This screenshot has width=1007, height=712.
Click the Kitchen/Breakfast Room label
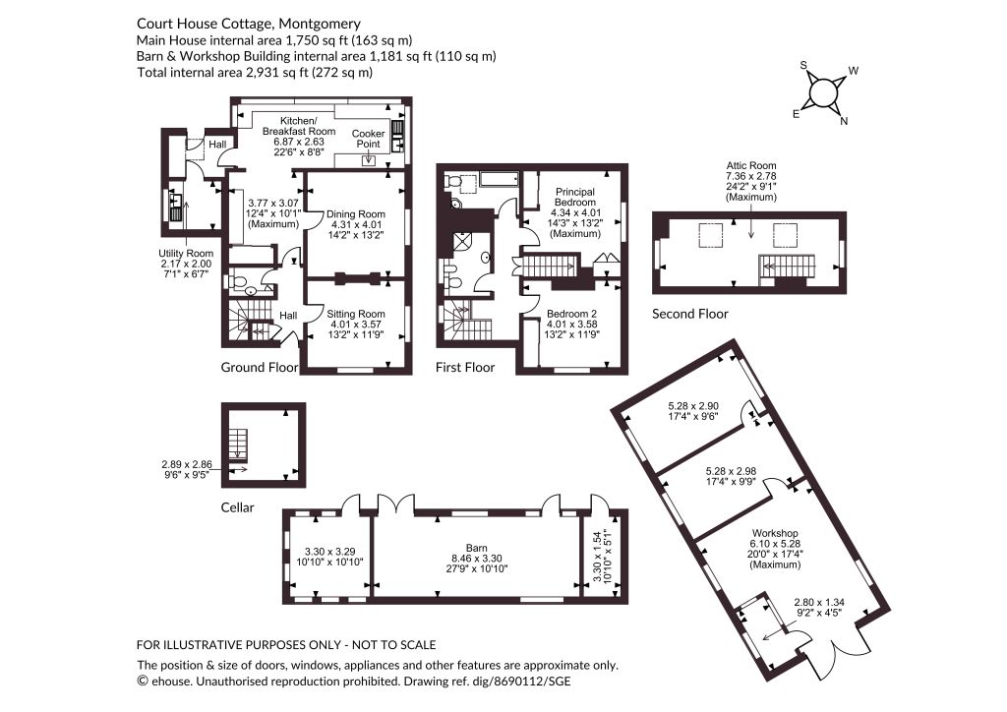(x=299, y=126)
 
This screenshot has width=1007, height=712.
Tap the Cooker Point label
(x=368, y=139)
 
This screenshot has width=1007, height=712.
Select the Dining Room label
(x=356, y=214)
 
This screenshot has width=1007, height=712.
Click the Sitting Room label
(x=356, y=314)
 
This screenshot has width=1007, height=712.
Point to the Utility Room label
(x=186, y=254)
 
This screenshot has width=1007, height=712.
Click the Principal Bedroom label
(x=575, y=197)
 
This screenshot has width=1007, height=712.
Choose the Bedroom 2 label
(x=571, y=314)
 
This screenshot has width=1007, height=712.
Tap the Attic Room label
(x=751, y=165)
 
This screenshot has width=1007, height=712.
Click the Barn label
(x=477, y=549)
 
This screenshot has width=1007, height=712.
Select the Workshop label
(x=775, y=534)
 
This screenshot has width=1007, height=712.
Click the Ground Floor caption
(x=260, y=367)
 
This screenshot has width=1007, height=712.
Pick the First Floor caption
(x=465, y=367)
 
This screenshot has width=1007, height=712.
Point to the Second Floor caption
(x=689, y=314)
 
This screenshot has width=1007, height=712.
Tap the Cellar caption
(x=238, y=507)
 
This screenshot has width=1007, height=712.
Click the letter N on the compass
(x=844, y=121)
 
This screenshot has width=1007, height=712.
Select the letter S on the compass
(x=803, y=65)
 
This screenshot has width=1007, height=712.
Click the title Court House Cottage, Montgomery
(x=249, y=25)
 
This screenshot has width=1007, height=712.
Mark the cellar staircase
(x=238, y=443)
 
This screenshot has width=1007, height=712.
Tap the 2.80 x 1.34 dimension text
(x=819, y=602)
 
